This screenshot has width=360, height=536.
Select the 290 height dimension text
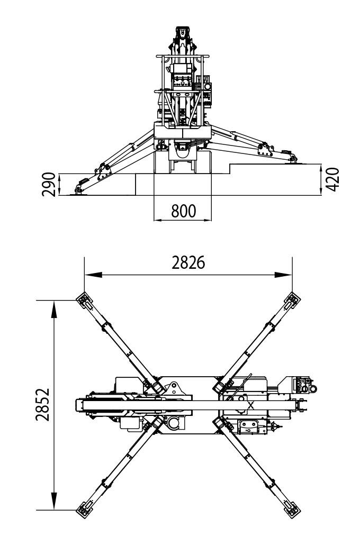pyautogui.click(x=49, y=184)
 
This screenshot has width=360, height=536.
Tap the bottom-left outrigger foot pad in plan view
pyautogui.click(x=83, y=510)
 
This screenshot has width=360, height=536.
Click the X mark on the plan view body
pyautogui.click(x=250, y=405)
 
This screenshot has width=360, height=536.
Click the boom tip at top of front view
pyautogui.click(x=182, y=31)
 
